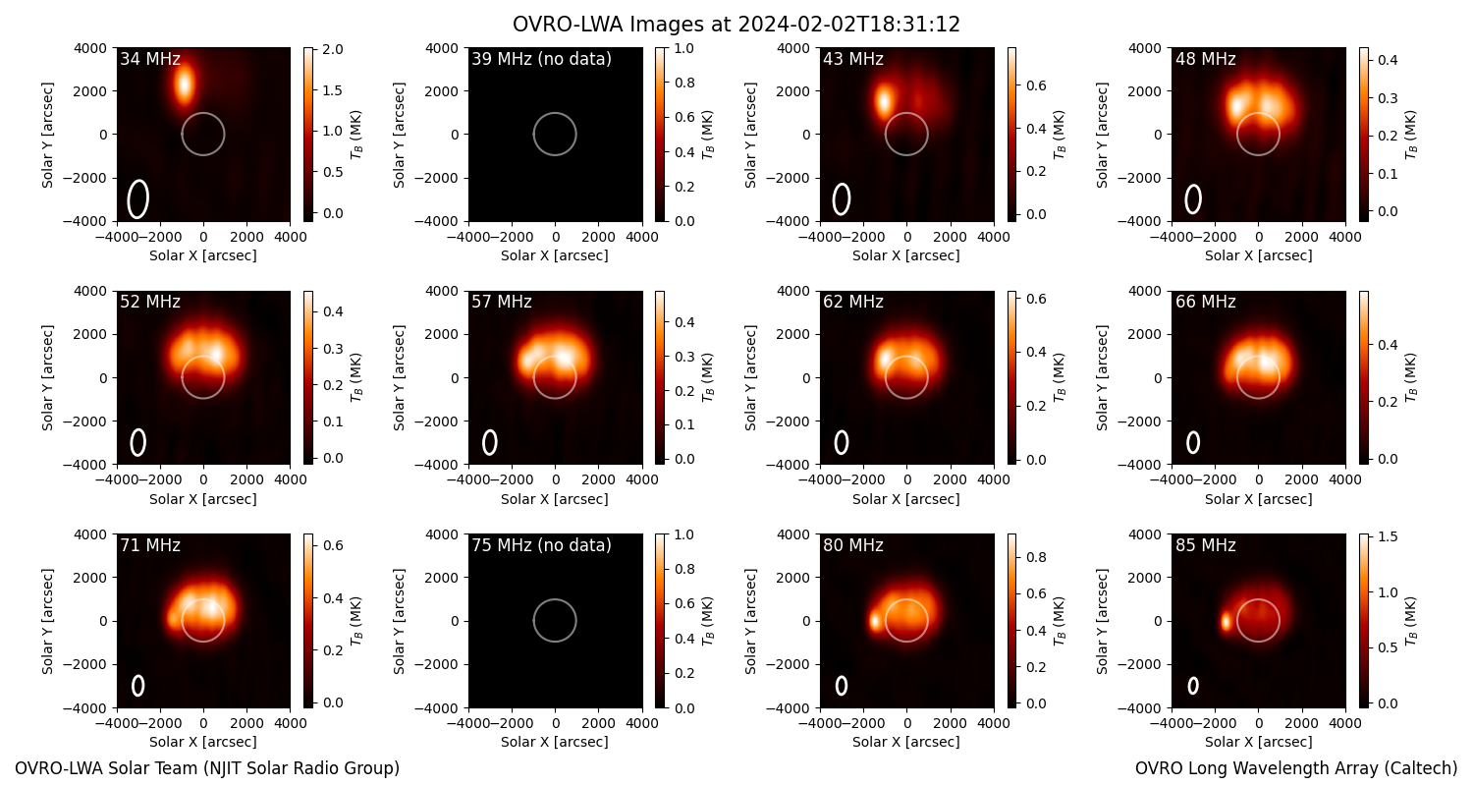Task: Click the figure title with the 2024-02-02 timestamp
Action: pos(736,25)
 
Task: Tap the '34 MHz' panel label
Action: pos(150,59)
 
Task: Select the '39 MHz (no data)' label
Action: pos(541,59)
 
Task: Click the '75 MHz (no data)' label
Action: pos(541,545)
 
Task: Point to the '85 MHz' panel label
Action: pos(1205,545)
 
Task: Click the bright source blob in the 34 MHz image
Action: pos(185,84)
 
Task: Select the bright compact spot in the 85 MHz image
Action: pos(1226,622)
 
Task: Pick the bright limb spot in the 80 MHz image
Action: pos(875,622)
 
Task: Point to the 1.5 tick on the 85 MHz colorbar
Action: pos(1378,536)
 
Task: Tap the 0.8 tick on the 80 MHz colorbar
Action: pos(1026,557)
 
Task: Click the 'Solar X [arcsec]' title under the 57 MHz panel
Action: pos(555,499)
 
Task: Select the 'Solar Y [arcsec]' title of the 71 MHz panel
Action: pos(47,621)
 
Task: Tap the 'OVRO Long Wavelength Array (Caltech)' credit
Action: pos(1296,768)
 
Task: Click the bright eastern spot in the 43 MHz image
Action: pos(883,102)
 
